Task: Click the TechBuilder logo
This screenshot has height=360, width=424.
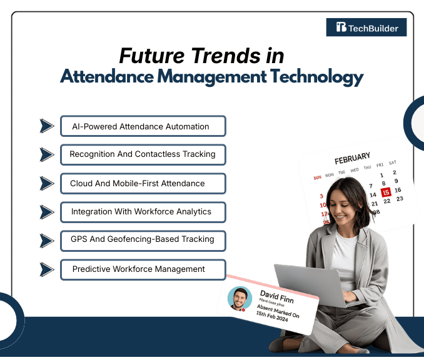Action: coord(366,27)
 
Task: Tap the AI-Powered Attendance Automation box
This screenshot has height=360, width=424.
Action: coord(143,126)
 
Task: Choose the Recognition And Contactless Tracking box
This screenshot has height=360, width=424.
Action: coord(143,154)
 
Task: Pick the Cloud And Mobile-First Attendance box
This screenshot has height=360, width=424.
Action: coord(143,183)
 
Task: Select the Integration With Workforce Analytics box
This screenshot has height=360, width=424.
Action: coord(143,212)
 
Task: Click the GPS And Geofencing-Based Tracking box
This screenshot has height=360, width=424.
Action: coord(143,239)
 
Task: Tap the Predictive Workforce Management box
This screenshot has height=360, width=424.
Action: coord(143,269)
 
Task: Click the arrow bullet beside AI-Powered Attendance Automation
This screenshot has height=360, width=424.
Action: coord(46,126)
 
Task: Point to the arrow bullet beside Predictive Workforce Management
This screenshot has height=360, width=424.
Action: coord(46,269)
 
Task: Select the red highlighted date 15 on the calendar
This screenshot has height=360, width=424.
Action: coord(386,192)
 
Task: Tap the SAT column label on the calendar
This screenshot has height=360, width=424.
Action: coord(392,162)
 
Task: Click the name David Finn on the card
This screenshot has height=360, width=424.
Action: coord(277,294)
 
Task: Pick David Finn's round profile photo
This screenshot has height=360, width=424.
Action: coord(240,299)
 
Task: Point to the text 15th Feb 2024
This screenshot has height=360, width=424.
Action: coord(274,316)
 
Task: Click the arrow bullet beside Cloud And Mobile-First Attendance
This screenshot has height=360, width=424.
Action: coord(46,183)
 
